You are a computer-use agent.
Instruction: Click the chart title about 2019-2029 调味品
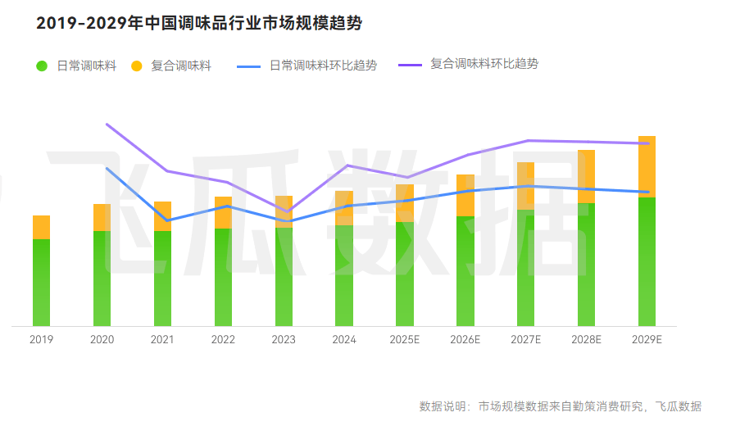[x=199, y=24]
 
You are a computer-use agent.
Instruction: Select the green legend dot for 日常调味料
[x=42, y=66]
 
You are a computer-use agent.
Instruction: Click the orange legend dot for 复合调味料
[x=136, y=66]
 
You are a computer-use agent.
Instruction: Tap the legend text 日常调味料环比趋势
[x=323, y=66]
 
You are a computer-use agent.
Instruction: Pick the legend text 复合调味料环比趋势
[x=484, y=64]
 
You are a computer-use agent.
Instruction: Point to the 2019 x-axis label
[x=41, y=339]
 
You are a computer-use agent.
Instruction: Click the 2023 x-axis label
[x=284, y=339]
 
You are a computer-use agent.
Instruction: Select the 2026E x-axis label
[x=465, y=339]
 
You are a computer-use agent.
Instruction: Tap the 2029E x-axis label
[x=647, y=339]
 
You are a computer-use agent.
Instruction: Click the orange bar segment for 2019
[x=41, y=227]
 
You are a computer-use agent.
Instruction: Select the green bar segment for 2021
[x=162, y=279]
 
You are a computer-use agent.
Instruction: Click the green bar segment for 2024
[x=344, y=275]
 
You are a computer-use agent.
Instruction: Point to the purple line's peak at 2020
[x=107, y=124]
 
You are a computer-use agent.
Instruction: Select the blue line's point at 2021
[x=167, y=220]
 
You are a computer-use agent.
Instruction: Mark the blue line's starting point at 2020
[x=107, y=168]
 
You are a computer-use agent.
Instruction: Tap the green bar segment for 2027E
[x=525, y=268]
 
